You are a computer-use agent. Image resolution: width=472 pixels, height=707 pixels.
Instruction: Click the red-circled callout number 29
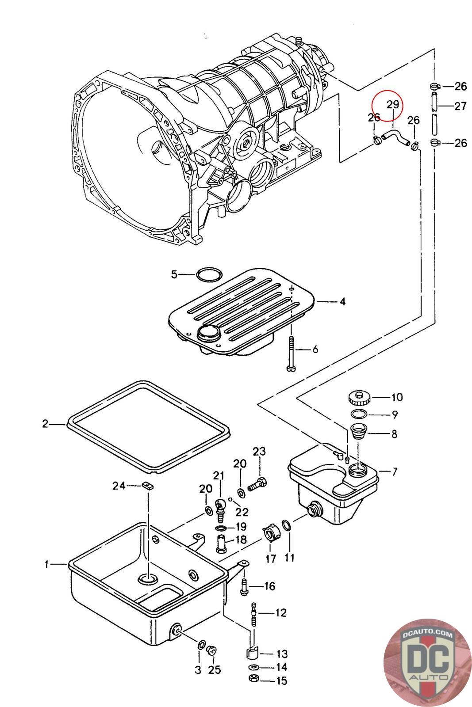coord(393,104)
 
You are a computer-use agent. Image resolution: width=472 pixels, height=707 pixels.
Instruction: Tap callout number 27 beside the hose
coord(460,106)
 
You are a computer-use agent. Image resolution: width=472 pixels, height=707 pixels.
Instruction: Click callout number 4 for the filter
coord(342,302)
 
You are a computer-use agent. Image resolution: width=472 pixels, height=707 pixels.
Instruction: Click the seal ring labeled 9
coord(359,414)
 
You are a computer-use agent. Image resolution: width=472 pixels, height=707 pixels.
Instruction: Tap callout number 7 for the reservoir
coord(394,472)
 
